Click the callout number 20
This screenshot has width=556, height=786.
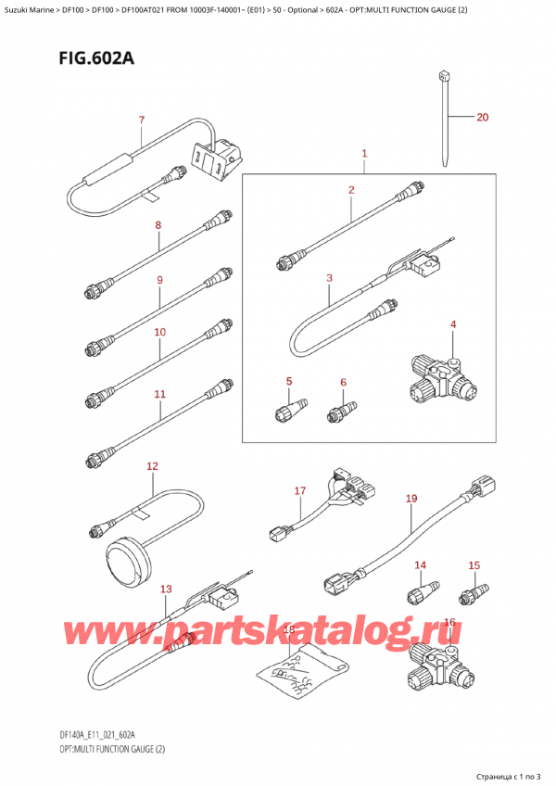point(481,118)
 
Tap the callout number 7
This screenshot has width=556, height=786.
point(141,120)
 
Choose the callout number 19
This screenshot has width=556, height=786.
point(411,499)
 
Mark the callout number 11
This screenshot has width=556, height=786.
point(159,394)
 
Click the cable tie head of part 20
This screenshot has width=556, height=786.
point(444,75)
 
